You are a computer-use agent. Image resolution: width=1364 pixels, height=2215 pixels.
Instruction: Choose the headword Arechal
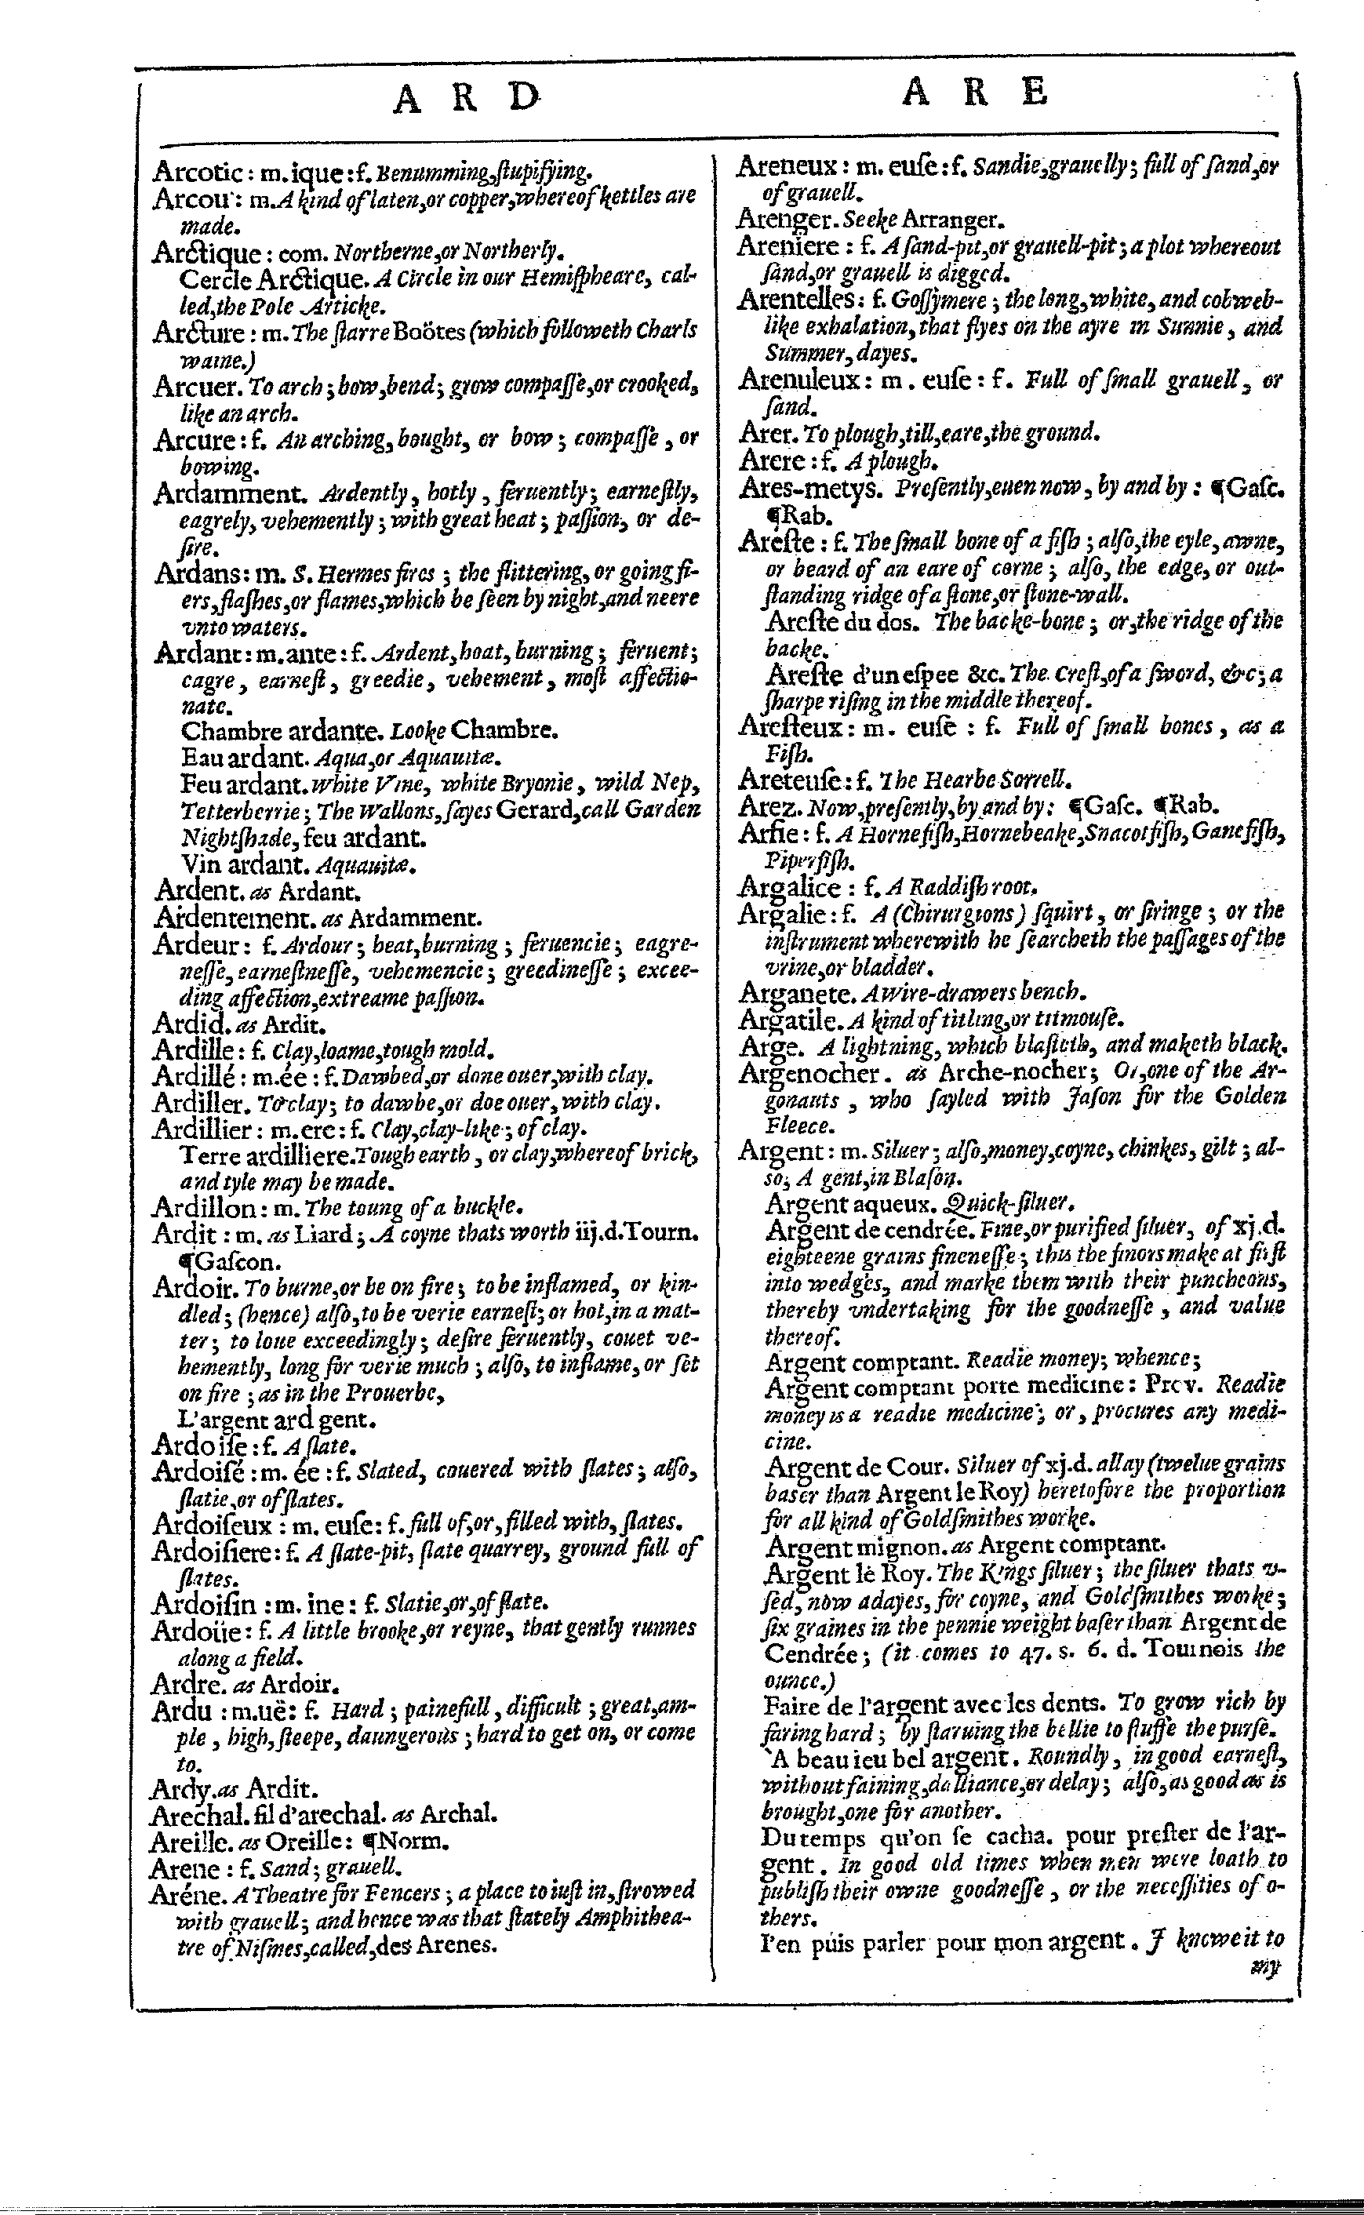point(197,1813)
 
